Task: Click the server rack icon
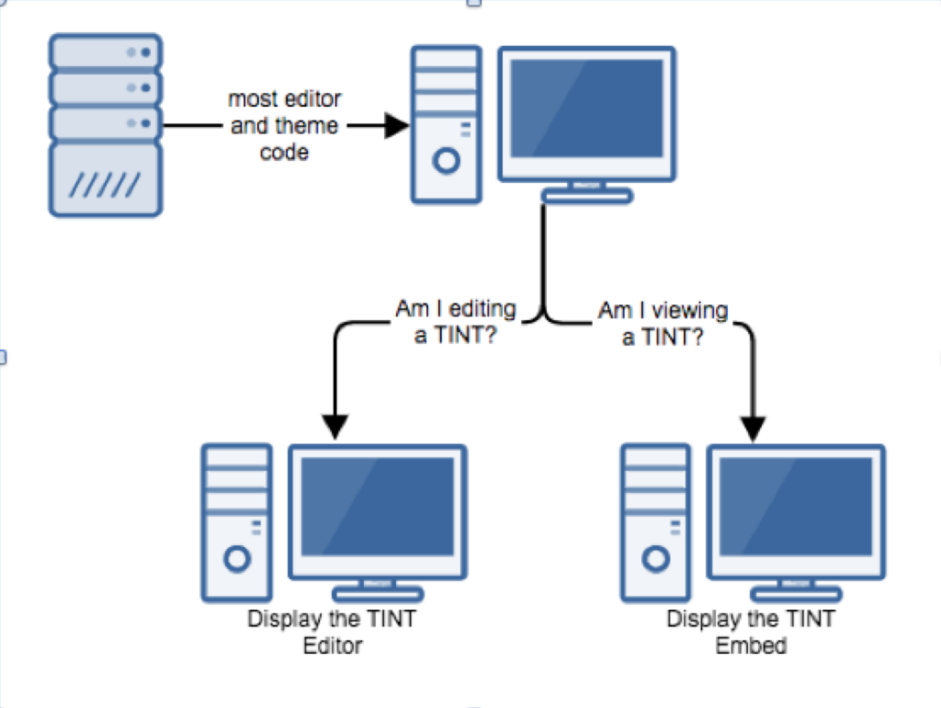[x=106, y=124]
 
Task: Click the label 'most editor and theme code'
[x=284, y=125]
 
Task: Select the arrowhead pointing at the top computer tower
[x=396, y=126]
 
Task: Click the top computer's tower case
[x=447, y=124]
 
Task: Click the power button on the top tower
[x=447, y=162]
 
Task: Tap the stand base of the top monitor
[x=587, y=195]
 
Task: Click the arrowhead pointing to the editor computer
[x=335, y=426]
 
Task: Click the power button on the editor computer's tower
[x=237, y=558]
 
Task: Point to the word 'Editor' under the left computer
[x=333, y=645]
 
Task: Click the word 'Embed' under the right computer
[x=751, y=645]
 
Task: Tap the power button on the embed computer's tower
[x=655, y=558]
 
